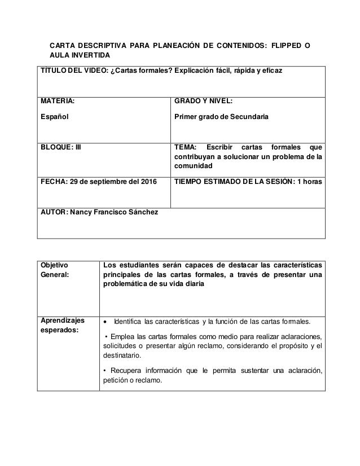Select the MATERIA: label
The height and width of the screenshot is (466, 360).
tap(56, 102)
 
